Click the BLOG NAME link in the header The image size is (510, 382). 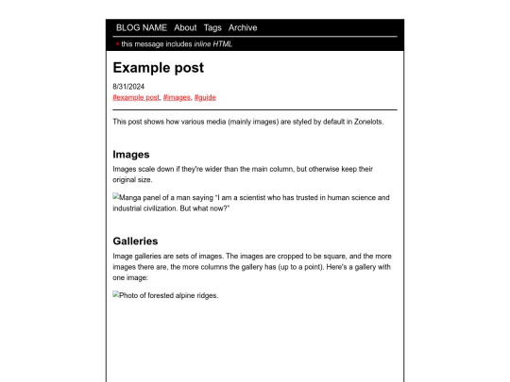tap(142, 27)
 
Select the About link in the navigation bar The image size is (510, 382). tap(185, 27)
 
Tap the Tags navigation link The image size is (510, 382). tap(212, 27)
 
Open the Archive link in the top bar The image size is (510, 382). tap(243, 27)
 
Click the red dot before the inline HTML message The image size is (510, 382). tap(117, 43)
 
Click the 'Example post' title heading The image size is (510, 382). tap(158, 68)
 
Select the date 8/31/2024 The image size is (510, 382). tap(128, 87)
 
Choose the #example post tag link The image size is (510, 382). tap(136, 96)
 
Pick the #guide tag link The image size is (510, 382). tap(205, 96)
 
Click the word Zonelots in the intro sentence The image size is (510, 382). tap(364, 122)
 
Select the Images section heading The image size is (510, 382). tap(131, 154)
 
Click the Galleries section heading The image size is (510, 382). tap(135, 241)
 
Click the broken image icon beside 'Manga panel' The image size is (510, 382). tap(116, 198)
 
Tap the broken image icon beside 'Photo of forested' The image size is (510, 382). tap(116, 294)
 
